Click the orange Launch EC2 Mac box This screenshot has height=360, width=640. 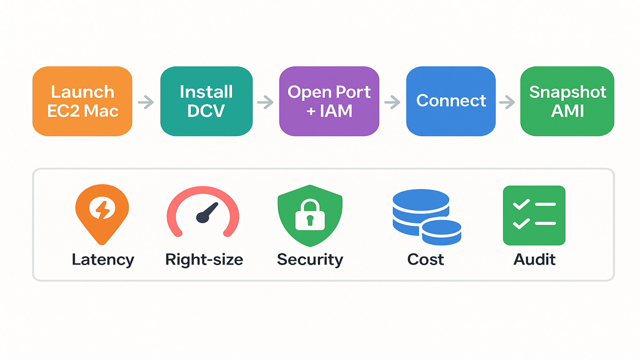pyautogui.click(x=82, y=101)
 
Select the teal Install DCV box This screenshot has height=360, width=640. pyautogui.click(x=206, y=101)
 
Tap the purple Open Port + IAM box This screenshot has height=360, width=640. pyautogui.click(x=329, y=101)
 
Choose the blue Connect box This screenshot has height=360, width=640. pyautogui.click(x=451, y=101)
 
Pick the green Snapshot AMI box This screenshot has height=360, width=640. pyautogui.click(x=567, y=101)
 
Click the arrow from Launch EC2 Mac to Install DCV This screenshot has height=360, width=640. pyautogui.click(x=146, y=101)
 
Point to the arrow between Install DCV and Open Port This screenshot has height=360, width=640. pyautogui.click(x=265, y=101)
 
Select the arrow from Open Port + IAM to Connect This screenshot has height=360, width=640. pyautogui.click(x=392, y=101)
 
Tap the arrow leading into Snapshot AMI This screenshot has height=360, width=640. pyautogui.click(x=507, y=101)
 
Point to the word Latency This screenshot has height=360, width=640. pyautogui.click(x=102, y=260)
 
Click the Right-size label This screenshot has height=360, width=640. pyautogui.click(x=204, y=260)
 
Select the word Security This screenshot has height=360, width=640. pyautogui.click(x=310, y=260)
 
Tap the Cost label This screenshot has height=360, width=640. pyautogui.click(x=426, y=260)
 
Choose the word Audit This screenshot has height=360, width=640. pyautogui.click(x=534, y=260)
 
